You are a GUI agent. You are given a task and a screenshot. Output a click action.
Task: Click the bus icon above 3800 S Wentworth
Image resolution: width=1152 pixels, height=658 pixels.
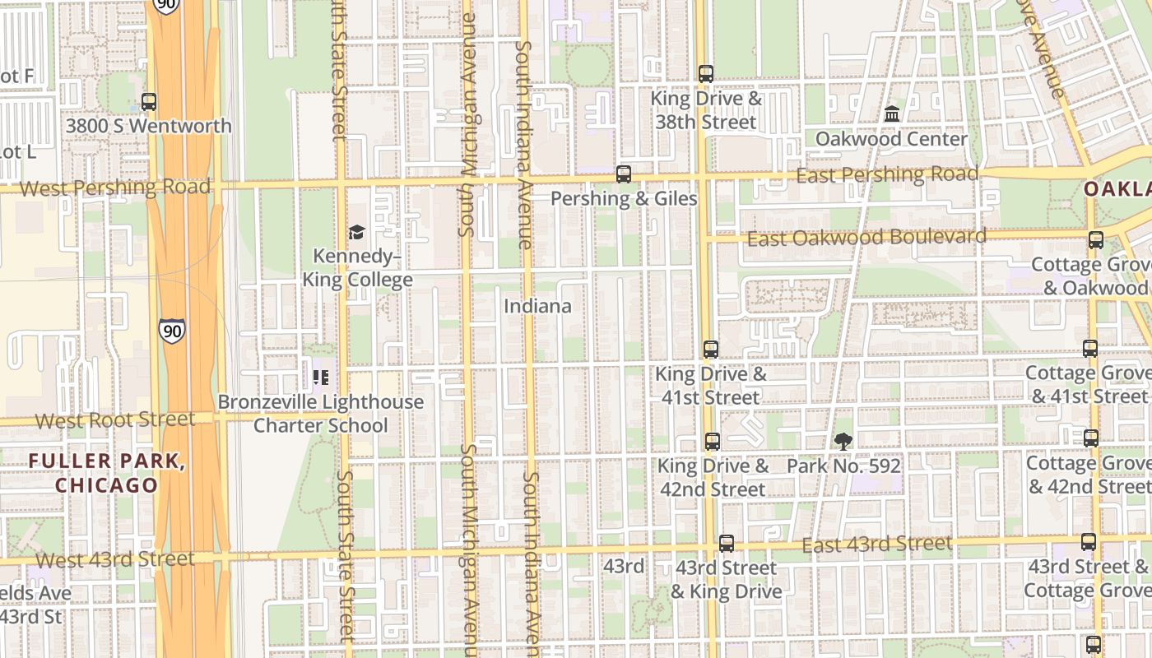(149, 102)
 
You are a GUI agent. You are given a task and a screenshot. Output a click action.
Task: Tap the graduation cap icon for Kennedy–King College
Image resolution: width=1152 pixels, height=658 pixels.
(356, 233)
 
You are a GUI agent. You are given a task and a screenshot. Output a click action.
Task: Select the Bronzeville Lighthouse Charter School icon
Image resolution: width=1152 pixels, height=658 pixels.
(320, 378)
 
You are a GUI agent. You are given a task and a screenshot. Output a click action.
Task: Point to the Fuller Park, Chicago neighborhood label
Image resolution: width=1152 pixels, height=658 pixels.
(107, 473)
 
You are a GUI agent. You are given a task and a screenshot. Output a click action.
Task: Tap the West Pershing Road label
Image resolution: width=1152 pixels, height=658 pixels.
(114, 188)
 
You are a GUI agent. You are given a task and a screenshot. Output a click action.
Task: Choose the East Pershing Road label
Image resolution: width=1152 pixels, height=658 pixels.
(887, 174)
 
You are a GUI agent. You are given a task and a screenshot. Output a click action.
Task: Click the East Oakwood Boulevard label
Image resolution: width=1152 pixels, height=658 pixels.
(866, 238)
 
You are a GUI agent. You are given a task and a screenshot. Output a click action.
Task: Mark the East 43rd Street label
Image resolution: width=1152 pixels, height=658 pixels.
(876, 544)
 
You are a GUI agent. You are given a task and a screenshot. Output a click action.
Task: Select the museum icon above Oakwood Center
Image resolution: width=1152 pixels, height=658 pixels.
(892, 114)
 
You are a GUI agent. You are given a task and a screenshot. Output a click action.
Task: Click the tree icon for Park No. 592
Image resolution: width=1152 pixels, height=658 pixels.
(843, 442)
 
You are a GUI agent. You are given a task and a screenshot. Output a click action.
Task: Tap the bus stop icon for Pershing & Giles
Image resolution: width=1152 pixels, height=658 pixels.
(624, 174)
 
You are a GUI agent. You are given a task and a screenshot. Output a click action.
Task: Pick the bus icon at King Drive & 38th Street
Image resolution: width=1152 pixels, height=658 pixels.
(706, 74)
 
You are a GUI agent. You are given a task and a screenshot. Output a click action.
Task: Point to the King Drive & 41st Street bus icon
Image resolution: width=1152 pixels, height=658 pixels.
(711, 350)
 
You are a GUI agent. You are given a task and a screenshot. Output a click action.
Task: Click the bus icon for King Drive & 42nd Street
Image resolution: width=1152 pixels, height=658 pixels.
(713, 442)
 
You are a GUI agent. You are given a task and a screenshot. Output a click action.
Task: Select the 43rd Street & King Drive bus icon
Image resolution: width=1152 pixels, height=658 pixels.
(726, 544)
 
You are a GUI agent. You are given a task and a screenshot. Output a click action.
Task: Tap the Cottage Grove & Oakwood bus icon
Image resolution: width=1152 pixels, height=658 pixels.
(1096, 240)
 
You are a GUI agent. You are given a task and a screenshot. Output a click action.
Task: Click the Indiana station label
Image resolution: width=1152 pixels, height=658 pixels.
(537, 306)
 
